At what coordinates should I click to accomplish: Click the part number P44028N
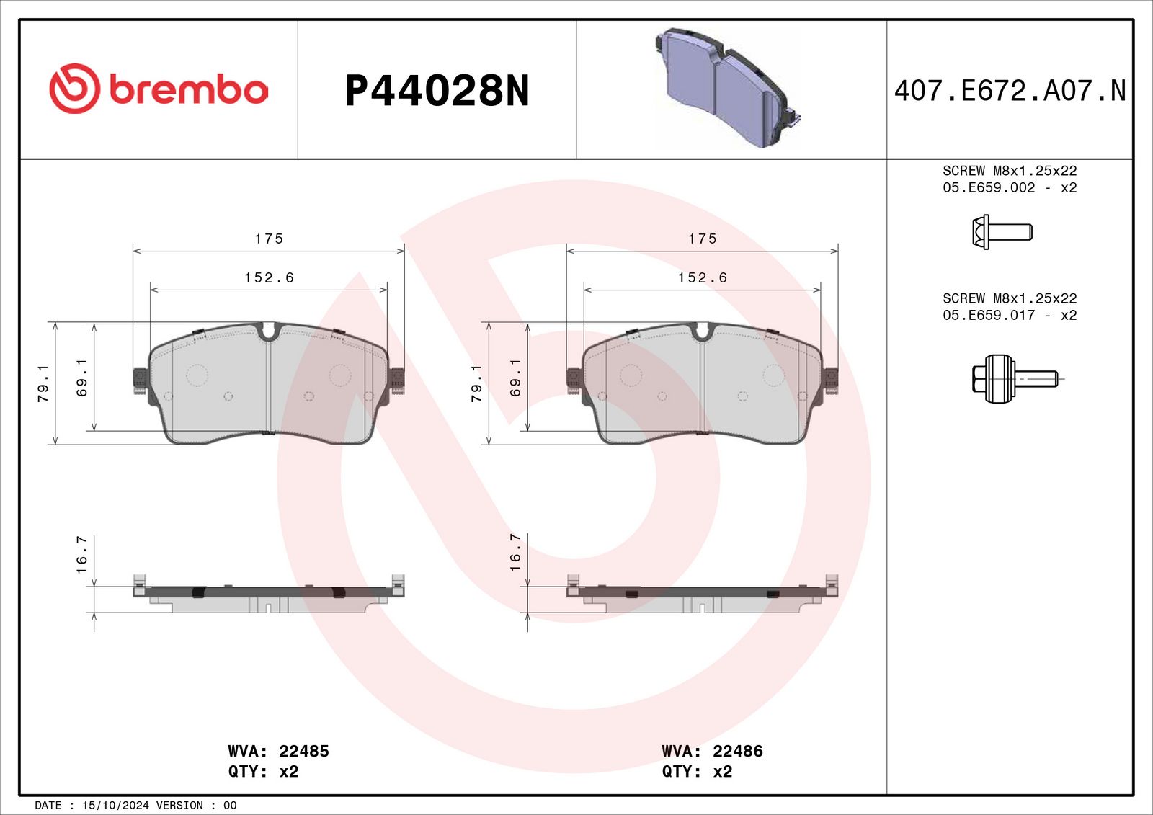(437, 91)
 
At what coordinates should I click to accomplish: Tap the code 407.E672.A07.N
(1010, 91)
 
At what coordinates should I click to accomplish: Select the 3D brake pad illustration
(727, 87)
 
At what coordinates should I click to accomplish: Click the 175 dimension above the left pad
(269, 239)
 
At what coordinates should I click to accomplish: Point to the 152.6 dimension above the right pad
(702, 277)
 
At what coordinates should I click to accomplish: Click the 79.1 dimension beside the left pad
(43, 383)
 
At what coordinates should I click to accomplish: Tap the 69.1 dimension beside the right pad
(515, 378)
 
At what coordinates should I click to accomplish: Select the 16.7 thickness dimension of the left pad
(82, 554)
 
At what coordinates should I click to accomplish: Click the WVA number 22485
(303, 751)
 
